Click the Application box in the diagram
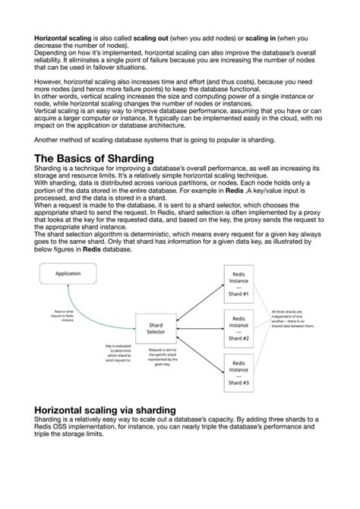(68, 273)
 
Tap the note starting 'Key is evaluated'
(118, 354)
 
